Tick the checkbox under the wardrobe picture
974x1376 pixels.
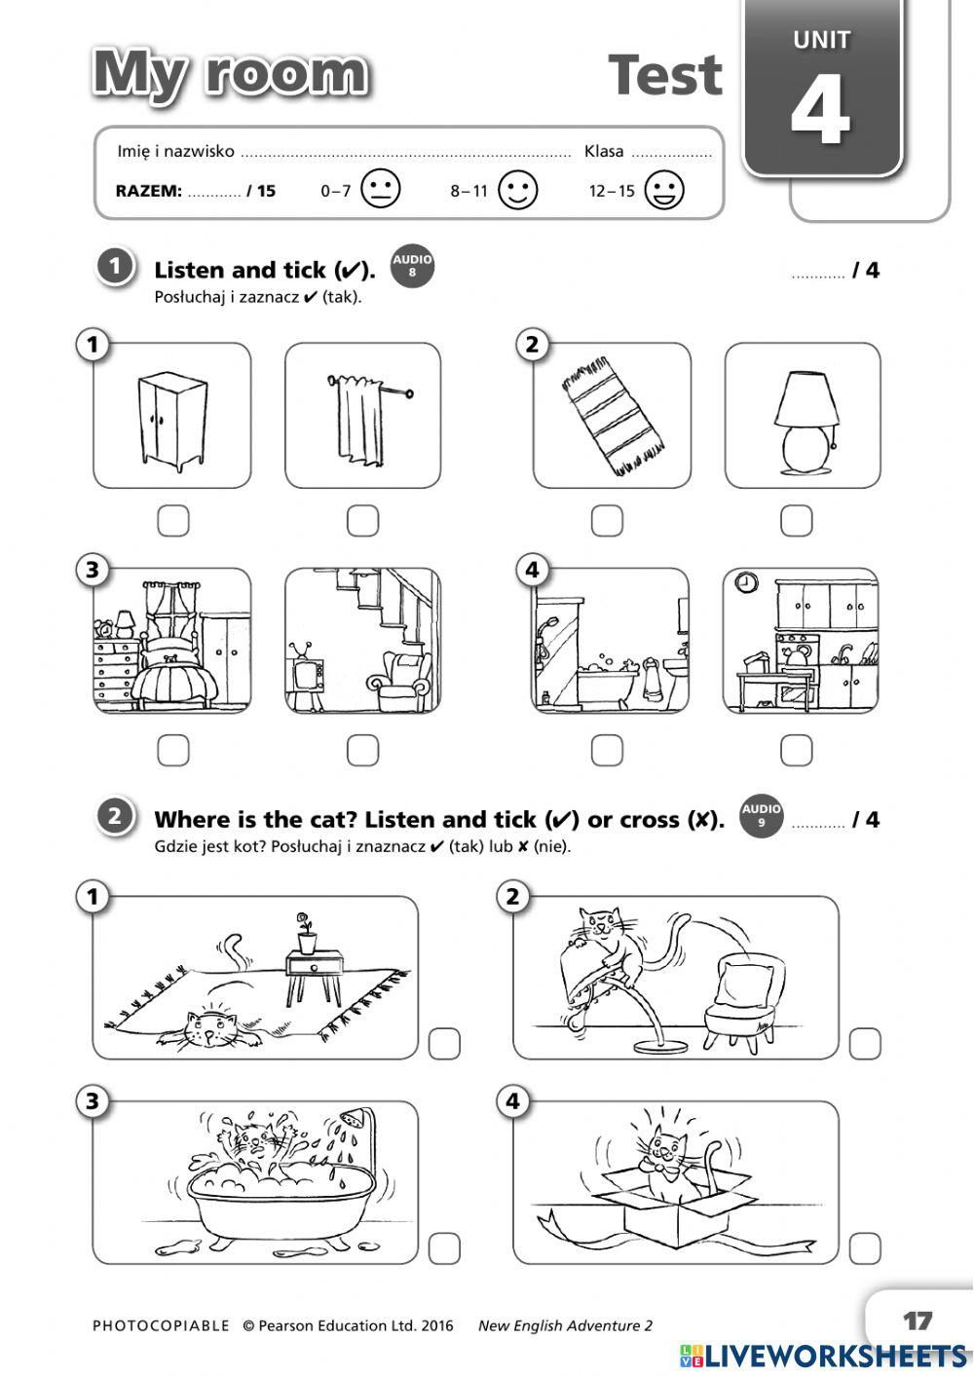[173, 521]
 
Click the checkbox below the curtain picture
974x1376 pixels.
[362, 521]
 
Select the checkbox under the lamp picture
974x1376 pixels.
[796, 521]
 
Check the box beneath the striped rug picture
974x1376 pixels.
[607, 521]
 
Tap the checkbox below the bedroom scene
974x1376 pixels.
[173, 750]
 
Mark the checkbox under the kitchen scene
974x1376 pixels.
[796, 750]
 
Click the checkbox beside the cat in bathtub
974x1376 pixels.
[444, 1247]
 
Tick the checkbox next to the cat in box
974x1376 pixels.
[865, 1247]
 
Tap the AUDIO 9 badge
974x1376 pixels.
[761, 815]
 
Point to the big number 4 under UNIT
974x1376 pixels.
[820, 110]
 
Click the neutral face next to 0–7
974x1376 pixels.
[380, 190]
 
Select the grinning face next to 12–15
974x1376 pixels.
[664, 190]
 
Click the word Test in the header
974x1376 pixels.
[665, 76]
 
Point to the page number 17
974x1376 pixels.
[917, 1321]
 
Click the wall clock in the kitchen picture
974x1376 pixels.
[745, 582]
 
